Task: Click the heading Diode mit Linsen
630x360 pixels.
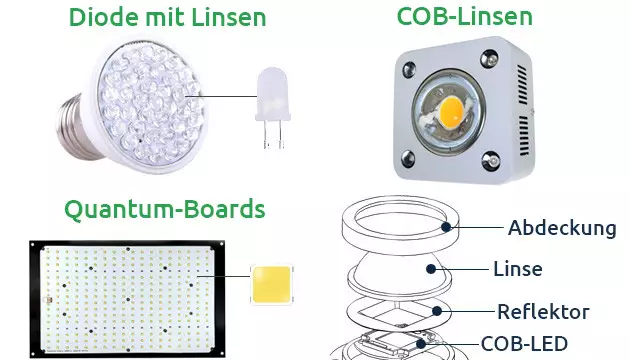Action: [168, 17]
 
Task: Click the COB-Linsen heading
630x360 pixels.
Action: [464, 16]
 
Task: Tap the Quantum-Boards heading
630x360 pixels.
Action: [165, 209]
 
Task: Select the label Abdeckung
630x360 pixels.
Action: [562, 228]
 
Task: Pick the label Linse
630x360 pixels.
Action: [518, 269]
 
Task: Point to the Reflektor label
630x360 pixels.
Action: [543, 312]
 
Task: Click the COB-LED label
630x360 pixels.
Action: [524, 344]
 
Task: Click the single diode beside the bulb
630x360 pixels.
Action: [273, 108]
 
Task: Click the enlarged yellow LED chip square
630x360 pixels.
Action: [272, 284]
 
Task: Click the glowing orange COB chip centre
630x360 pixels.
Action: [451, 111]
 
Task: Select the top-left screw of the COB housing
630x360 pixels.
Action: [409, 69]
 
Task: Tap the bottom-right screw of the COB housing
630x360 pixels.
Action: [491, 160]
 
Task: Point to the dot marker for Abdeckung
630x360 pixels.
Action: [446, 227]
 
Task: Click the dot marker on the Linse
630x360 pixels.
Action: [431, 269]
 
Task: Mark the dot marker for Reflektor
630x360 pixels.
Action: [437, 311]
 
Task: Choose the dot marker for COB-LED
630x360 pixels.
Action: [421, 344]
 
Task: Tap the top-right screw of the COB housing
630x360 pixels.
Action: [489, 59]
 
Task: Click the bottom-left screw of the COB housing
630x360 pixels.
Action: [408, 159]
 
